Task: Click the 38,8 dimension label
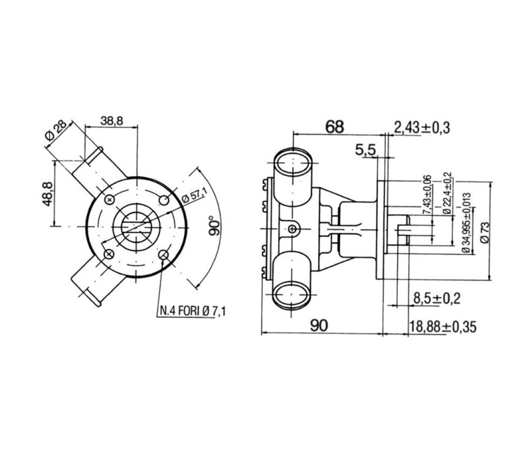[112, 121]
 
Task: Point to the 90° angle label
[215, 225]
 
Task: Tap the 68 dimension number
[335, 127]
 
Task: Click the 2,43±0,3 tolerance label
[422, 128]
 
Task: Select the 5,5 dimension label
[366, 150]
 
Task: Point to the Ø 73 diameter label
[485, 233]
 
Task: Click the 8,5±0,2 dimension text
[437, 299]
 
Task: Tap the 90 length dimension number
[319, 325]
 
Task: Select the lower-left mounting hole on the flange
[109, 254]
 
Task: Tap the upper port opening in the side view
[292, 163]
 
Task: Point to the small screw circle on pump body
[292, 230]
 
